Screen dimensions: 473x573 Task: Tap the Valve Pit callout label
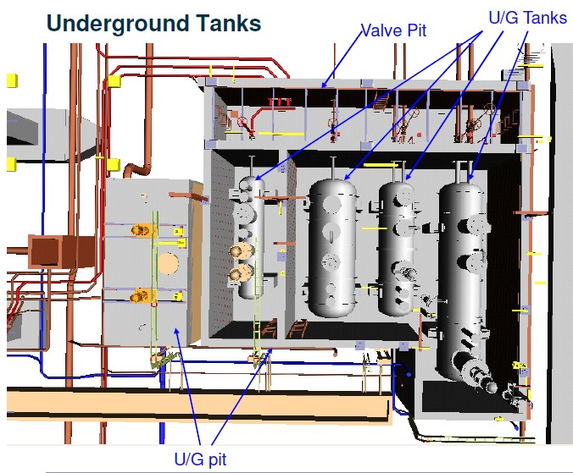pos(393,31)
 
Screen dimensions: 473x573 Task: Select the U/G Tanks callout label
pos(527,18)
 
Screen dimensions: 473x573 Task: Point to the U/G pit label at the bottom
pos(200,459)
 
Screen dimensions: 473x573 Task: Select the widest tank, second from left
pos(332,245)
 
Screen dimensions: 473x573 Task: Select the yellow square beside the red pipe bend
pos(114,81)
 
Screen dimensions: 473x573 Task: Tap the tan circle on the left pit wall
pos(169,261)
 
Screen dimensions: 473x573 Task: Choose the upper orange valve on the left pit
pos(139,229)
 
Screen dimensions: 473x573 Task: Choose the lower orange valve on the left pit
pos(139,296)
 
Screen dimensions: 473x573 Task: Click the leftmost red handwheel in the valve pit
pos(243,123)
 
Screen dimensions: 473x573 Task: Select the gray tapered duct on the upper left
pos(34,131)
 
